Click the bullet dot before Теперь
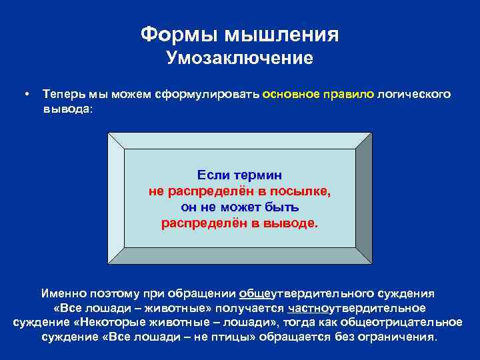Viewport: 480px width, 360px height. coord(25,95)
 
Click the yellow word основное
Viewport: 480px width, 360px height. coord(291,95)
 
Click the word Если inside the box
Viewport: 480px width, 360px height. coord(212,175)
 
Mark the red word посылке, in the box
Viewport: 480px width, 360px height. coord(298,191)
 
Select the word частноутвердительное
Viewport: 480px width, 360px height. coord(357,307)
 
